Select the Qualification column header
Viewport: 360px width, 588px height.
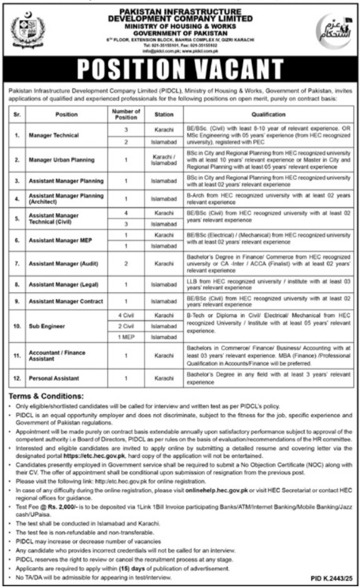pos(269,114)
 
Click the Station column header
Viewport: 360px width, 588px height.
pos(164,114)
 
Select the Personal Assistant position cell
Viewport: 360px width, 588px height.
pos(54,378)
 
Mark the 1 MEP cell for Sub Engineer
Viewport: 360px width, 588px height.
pos(126,337)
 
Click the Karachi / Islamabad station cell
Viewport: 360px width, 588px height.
pos(164,160)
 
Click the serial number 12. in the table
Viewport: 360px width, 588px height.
pos(18,378)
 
